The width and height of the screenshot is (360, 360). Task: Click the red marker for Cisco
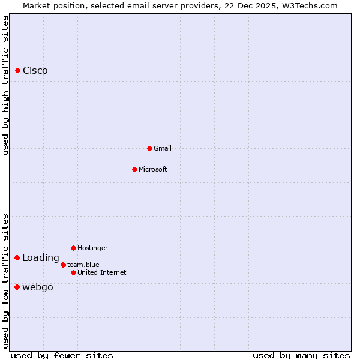coord(17,71)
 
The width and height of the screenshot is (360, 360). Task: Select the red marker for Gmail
coord(149,148)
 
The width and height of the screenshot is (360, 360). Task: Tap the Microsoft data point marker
coord(134,169)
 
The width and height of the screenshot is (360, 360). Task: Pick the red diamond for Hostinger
coord(73,248)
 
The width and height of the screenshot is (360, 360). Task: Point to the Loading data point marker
coord(17,258)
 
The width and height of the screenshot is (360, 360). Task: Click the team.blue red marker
coord(63,265)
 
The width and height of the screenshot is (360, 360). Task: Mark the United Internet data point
coord(73,272)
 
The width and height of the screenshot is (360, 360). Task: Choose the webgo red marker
coord(17,287)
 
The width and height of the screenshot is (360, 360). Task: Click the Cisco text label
coord(35,71)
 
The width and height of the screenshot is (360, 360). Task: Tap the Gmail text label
coord(163,148)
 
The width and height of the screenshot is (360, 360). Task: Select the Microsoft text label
coord(153,169)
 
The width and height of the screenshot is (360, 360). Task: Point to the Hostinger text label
coord(93,248)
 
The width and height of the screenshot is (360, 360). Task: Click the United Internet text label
coord(102,272)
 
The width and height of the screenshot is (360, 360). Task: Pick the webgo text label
coord(38,287)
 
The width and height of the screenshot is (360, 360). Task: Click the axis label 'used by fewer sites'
coord(62,355)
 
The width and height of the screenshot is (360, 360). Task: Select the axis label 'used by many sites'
coord(301,355)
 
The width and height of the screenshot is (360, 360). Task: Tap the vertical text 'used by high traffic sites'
coord(5,85)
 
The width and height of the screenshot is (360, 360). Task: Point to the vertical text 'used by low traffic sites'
coord(5,281)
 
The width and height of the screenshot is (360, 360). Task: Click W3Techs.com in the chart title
coord(308,6)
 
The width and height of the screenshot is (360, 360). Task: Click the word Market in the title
coord(37,6)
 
